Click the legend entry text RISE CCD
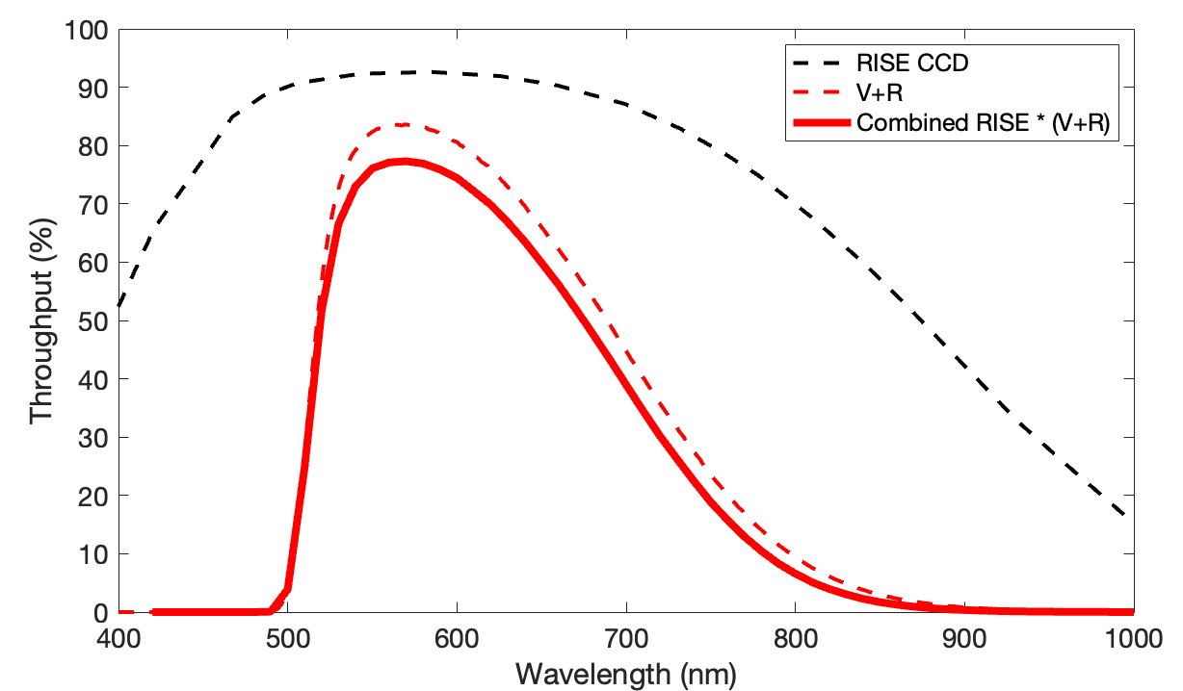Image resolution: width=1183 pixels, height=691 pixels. click(x=912, y=63)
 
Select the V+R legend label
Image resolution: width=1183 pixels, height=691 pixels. click(x=880, y=92)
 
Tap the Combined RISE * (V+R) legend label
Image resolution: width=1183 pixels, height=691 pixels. click(x=983, y=123)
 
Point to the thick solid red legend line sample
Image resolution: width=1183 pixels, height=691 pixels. click(x=822, y=123)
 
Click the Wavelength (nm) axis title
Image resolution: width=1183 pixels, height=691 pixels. click(x=626, y=675)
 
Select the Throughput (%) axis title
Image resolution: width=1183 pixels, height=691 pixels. click(x=41, y=320)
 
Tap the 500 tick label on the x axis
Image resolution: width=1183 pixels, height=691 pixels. click(x=288, y=639)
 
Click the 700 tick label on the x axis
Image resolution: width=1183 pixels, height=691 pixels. click(x=626, y=639)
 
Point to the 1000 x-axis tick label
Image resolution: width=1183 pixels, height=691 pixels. click(x=1134, y=639)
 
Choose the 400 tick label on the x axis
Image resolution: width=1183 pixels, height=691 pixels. click(x=118, y=639)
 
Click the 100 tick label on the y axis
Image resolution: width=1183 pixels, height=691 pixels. click(x=86, y=31)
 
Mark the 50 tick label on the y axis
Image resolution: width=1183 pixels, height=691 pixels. click(x=92, y=321)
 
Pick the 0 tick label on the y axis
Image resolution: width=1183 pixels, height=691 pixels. click(x=101, y=613)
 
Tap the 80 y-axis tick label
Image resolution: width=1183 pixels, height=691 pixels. click(x=92, y=146)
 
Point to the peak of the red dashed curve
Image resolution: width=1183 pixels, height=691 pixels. click(x=403, y=125)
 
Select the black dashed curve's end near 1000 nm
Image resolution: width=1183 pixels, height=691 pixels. click(x=1124, y=515)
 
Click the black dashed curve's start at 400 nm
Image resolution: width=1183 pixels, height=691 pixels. click(x=119, y=306)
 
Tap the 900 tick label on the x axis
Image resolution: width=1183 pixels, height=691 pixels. click(x=965, y=639)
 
